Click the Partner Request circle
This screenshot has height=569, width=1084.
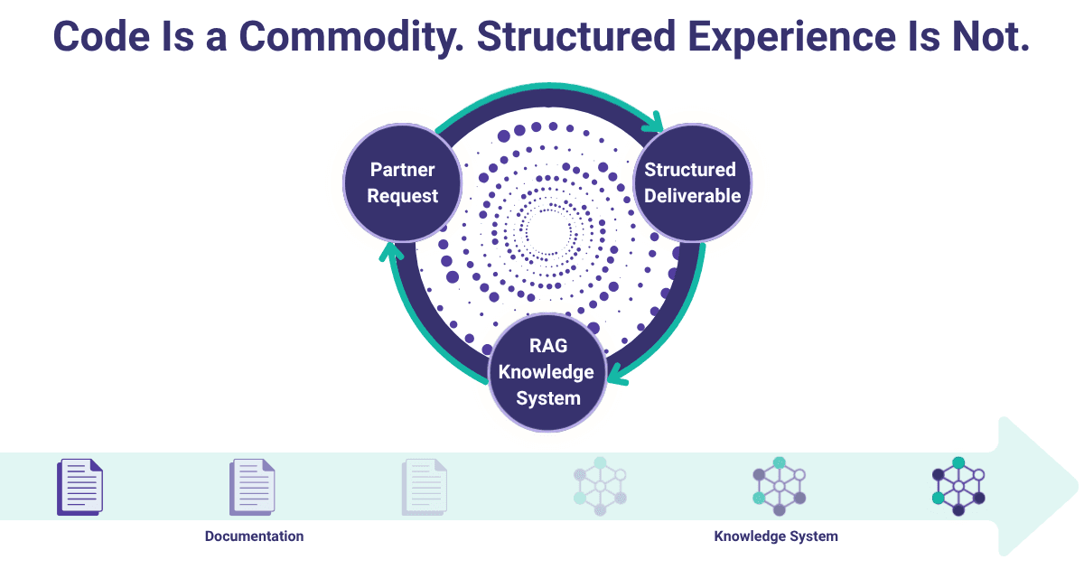(x=402, y=182)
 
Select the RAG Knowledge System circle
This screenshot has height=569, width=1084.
(x=547, y=371)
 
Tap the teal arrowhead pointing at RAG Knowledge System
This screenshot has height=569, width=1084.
(x=615, y=373)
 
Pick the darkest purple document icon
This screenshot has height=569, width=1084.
(x=80, y=487)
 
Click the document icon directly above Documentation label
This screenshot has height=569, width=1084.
(x=252, y=487)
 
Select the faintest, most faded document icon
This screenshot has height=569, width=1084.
(x=425, y=487)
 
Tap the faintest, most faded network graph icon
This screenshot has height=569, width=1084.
(x=600, y=487)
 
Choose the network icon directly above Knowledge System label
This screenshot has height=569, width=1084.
(x=778, y=487)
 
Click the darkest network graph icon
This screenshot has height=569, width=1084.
(x=958, y=487)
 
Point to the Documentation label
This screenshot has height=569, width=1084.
(x=254, y=536)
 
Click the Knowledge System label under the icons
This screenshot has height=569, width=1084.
(x=776, y=536)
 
